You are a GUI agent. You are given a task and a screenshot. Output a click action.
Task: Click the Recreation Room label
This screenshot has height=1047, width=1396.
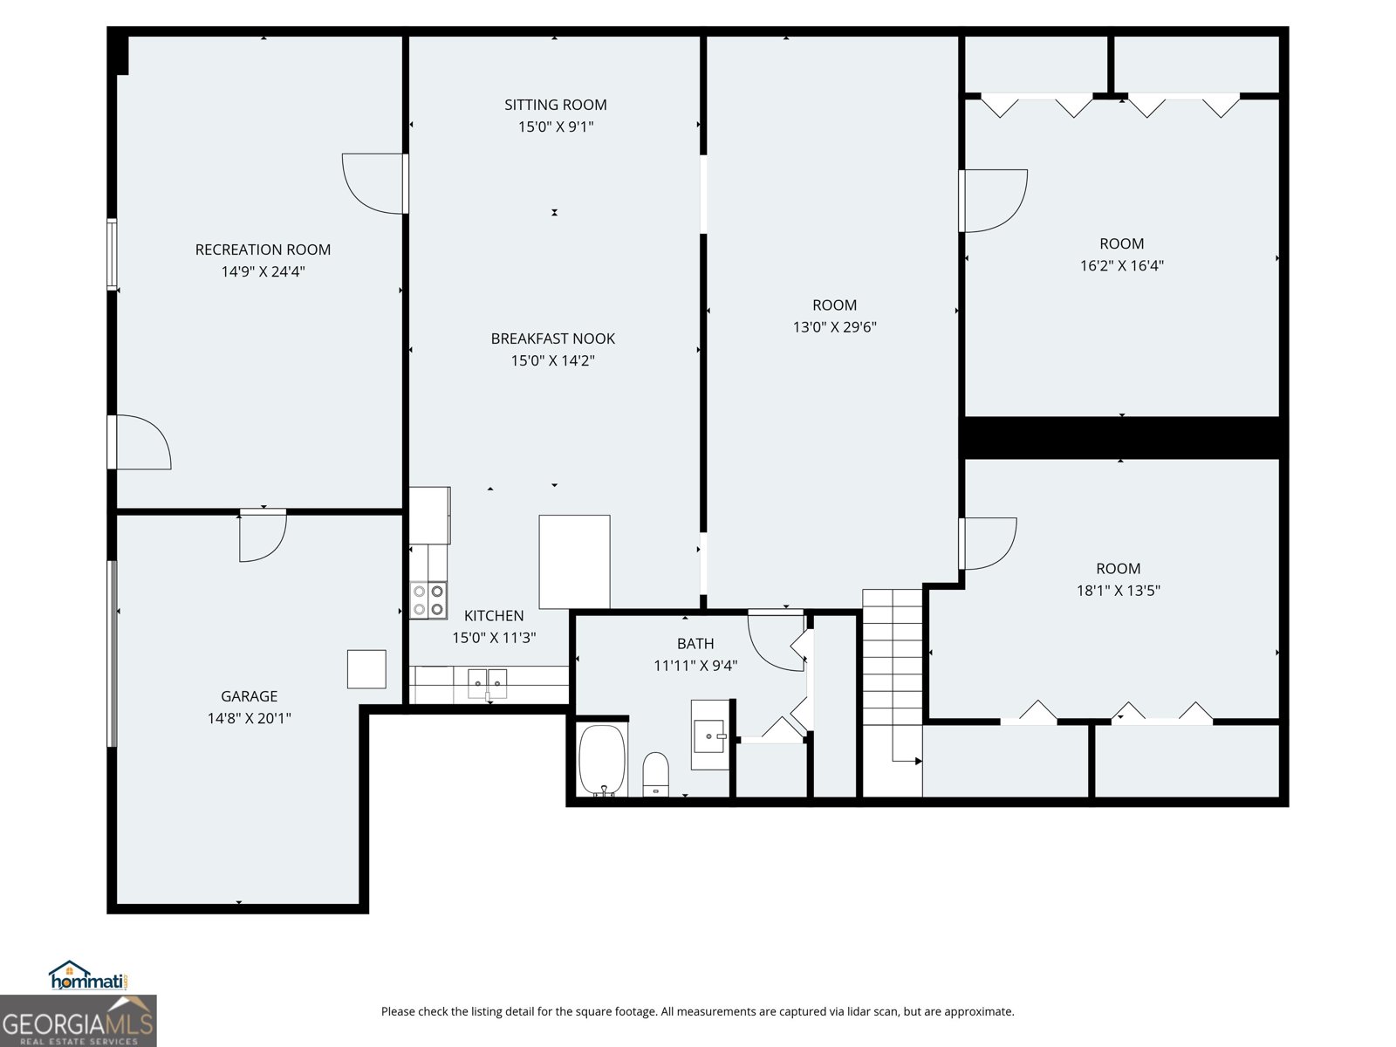(263, 250)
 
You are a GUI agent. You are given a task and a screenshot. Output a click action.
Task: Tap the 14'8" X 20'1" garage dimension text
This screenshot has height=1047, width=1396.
(249, 718)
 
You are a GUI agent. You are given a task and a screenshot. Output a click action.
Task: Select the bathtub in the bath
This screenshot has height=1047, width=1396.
(602, 759)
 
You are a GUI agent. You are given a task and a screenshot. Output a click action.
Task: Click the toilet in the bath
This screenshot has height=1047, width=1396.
(655, 773)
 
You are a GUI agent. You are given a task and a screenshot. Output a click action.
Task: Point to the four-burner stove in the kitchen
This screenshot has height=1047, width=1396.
(428, 600)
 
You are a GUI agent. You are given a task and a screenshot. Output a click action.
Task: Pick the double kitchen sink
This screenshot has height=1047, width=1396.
(487, 681)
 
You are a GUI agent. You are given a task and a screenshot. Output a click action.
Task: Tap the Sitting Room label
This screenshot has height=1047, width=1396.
(555, 105)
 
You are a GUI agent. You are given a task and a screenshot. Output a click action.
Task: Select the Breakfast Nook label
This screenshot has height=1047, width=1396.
(552, 339)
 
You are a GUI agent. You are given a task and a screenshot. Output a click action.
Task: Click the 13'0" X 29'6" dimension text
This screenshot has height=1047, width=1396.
(834, 327)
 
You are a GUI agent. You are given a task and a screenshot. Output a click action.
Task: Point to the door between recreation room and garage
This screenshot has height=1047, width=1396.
(262, 534)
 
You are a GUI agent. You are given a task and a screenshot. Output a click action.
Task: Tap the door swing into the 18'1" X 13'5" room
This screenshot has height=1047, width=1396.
(988, 544)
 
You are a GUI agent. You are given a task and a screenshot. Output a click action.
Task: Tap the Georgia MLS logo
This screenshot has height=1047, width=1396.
(78, 1022)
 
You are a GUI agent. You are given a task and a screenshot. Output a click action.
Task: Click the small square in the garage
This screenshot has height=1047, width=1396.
(366, 669)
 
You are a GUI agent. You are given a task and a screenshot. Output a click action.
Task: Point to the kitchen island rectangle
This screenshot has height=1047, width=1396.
(574, 561)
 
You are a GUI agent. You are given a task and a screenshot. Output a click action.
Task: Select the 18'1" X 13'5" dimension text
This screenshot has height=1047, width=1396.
(1118, 591)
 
